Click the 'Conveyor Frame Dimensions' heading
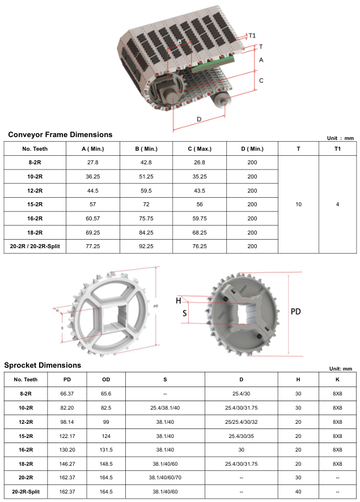click(x=60, y=134)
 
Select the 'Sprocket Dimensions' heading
click(x=43, y=365)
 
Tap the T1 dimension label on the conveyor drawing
click(x=252, y=36)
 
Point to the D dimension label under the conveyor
click(x=199, y=119)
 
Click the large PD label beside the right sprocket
click(x=295, y=312)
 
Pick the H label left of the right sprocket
click(x=179, y=301)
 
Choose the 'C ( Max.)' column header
click(x=200, y=149)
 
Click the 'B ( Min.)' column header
click(x=146, y=149)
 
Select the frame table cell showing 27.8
click(x=93, y=163)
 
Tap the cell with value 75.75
click(x=146, y=219)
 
